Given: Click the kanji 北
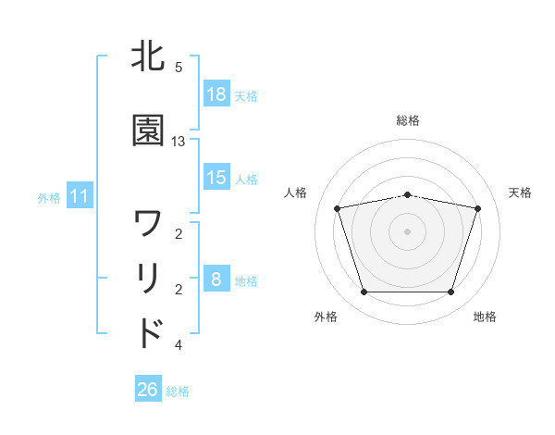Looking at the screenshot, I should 149,57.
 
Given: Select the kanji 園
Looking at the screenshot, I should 149,130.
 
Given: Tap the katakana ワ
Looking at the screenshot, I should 149,223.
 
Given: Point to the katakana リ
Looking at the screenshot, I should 149,279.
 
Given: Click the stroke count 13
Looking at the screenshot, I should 179,142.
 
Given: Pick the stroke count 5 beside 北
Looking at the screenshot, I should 179,68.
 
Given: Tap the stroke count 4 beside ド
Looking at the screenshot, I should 179,345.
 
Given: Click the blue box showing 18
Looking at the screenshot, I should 216,93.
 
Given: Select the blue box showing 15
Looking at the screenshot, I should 216,177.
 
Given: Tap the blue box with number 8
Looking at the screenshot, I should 216,279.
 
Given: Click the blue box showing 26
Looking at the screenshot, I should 148,390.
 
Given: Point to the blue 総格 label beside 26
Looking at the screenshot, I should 178,391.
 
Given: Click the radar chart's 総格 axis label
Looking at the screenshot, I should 408,120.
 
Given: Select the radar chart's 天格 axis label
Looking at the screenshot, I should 521,193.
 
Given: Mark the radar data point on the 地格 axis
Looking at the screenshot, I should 450,292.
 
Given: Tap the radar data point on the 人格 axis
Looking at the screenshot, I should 338,208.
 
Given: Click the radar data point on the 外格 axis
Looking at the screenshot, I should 364,292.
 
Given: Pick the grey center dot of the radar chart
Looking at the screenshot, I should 407,231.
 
